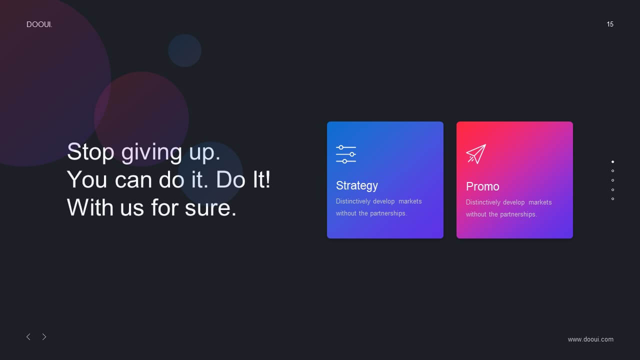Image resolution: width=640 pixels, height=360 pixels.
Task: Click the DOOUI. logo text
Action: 39,24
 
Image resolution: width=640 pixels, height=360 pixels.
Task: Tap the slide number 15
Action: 610,24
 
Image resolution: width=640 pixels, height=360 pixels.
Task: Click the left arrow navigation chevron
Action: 28,337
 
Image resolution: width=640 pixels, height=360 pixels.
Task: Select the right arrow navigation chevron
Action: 44,337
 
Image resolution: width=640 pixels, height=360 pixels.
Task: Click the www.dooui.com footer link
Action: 590,339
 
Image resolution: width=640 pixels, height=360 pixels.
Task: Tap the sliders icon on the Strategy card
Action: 346,154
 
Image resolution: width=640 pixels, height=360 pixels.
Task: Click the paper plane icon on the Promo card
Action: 476,153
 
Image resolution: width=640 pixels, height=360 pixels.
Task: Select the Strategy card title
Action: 357,185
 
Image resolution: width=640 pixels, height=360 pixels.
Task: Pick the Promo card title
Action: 482,186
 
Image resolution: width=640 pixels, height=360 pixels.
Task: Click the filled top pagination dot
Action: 612,161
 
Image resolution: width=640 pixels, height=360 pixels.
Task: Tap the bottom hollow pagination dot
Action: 612,199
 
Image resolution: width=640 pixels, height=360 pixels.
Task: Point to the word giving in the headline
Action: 151,153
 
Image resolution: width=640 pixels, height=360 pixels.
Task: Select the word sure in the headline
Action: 210,207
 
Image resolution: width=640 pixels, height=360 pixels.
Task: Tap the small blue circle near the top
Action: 184,50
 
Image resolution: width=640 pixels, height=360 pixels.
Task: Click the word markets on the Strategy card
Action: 410,201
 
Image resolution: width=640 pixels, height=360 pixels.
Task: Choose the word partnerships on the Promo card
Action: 518,214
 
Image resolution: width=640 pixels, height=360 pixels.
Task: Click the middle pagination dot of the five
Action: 612,180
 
